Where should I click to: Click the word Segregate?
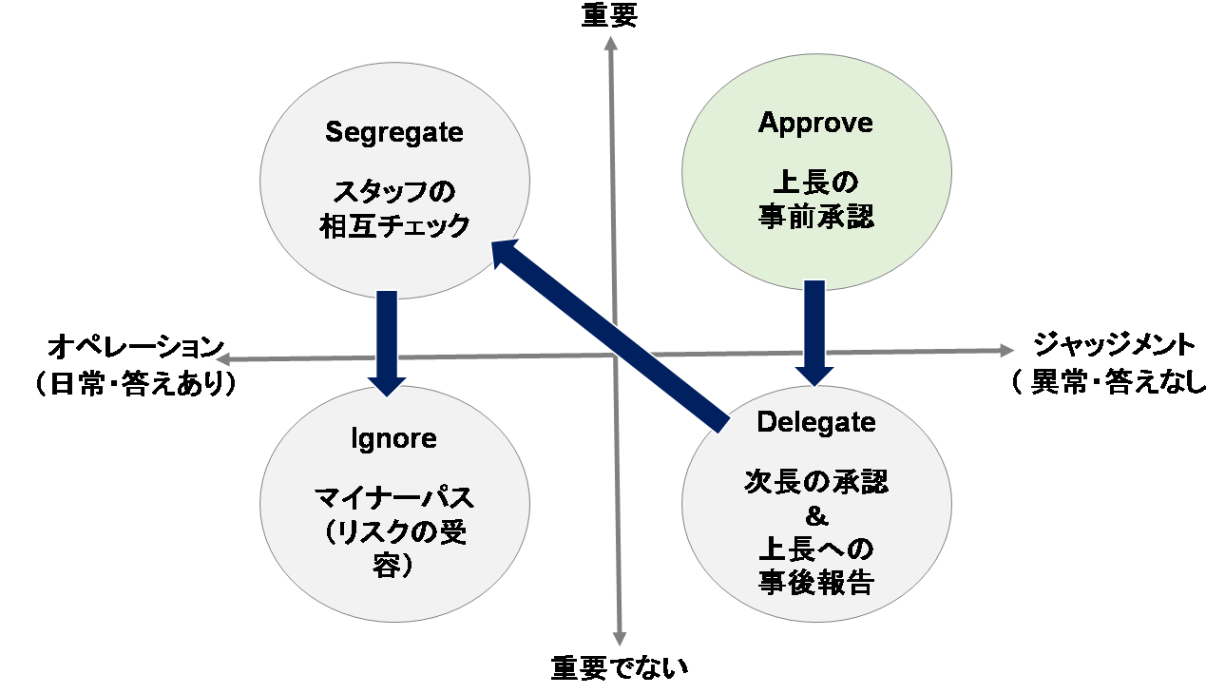point(394,132)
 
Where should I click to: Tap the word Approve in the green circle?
point(815,124)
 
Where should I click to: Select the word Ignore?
point(393,438)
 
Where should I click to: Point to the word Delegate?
point(816,422)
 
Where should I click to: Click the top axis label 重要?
point(609,14)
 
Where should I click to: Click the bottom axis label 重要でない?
point(619,667)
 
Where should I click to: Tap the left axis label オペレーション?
point(136,346)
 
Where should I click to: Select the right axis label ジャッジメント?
point(1114,345)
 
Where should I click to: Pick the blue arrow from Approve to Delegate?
point(814,333)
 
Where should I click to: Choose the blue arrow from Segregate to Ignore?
point(387,343)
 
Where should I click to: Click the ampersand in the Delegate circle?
point(816,517)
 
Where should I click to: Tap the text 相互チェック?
point(394,226)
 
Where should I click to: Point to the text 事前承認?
point(816,217)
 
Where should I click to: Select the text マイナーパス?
point(394,497)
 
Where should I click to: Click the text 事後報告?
point(816,583)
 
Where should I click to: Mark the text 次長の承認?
point(816,482)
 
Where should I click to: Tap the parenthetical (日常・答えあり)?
point(136,384)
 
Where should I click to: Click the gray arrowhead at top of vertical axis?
point(610,43)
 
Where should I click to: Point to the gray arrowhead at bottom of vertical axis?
point(619,639)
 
